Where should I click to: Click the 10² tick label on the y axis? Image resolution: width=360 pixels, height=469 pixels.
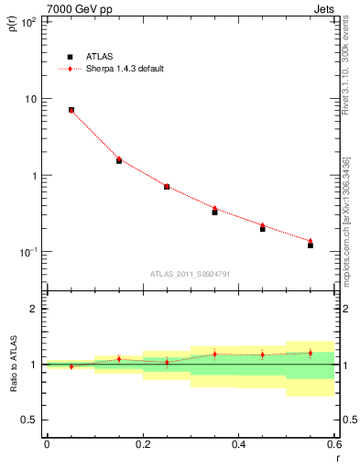(x=27, y=22)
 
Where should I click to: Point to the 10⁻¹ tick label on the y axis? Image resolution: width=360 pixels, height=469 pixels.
(x=27, y=252)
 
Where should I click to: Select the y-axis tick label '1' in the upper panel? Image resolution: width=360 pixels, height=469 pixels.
(x=34, y=175)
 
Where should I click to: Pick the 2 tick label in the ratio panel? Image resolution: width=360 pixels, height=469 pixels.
(x=34, y=309)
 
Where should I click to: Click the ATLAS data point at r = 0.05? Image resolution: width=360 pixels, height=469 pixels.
(x=71, y=110)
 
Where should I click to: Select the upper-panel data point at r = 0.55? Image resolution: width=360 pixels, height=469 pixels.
(x=311, y=245)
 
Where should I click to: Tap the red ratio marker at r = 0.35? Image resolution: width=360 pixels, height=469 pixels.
(x=214, y=354)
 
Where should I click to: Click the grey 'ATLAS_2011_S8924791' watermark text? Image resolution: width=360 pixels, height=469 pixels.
(x=191, y=273)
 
